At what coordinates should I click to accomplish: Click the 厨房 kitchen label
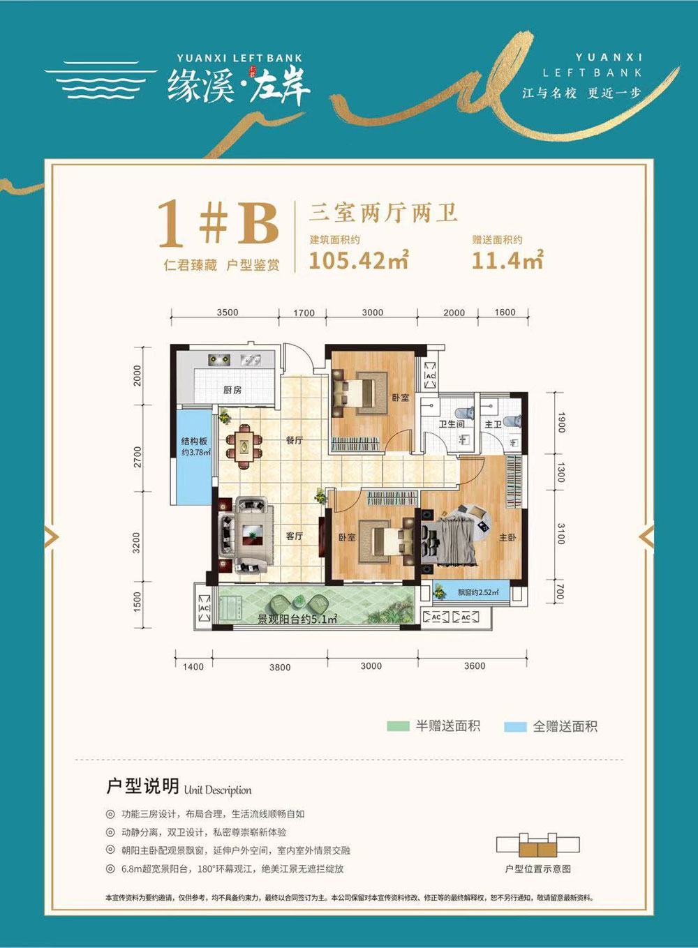[x=232, y=390]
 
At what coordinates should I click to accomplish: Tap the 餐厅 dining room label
[x=294, y=440]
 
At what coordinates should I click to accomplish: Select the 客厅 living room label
[x=294, y=536]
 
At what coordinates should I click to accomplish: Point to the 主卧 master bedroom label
[x=507, y=537]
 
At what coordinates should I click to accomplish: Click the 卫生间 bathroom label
[x=452, y=424]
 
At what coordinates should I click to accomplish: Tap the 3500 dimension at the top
[x=228, y=313]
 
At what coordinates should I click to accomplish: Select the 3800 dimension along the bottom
[x=280, y=668]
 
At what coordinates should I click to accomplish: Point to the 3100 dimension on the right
[x=560, y=534]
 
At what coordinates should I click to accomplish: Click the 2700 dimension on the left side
[x=138, y=457]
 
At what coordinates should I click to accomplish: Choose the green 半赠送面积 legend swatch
[x=398, y=726]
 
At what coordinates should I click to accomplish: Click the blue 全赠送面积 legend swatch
[x=515, y=726]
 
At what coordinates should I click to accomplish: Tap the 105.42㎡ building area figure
[x=358, y=260]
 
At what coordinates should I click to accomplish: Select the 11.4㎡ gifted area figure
[x=507, y=260]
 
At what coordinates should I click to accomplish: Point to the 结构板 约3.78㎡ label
[x=195, y=446]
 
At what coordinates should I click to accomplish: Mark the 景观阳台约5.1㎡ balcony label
[x=297, y=619]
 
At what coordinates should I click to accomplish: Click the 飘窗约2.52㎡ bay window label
[x=478, y=592]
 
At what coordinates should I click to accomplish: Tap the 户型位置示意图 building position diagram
[x=537, y=846]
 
